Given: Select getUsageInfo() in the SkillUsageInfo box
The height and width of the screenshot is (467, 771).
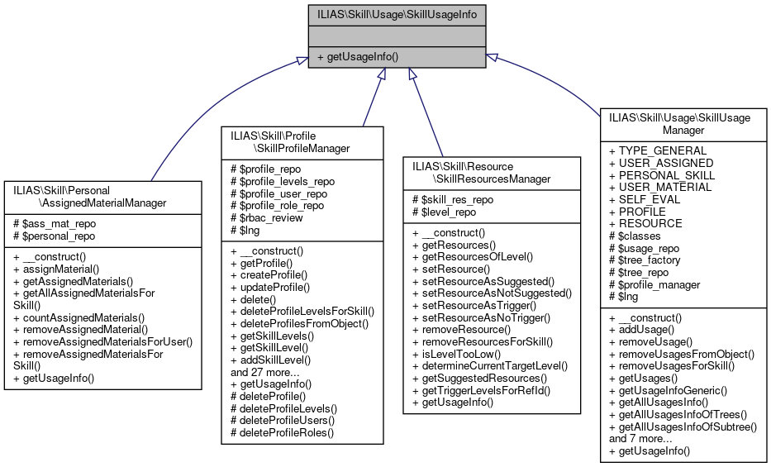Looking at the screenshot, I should pos(357,57).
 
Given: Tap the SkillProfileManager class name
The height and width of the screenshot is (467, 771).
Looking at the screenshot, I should pos(302,141).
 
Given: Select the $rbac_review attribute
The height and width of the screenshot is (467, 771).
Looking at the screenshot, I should pos(266,218).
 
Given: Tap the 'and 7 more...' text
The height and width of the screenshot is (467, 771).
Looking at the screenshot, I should pos(640,439).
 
